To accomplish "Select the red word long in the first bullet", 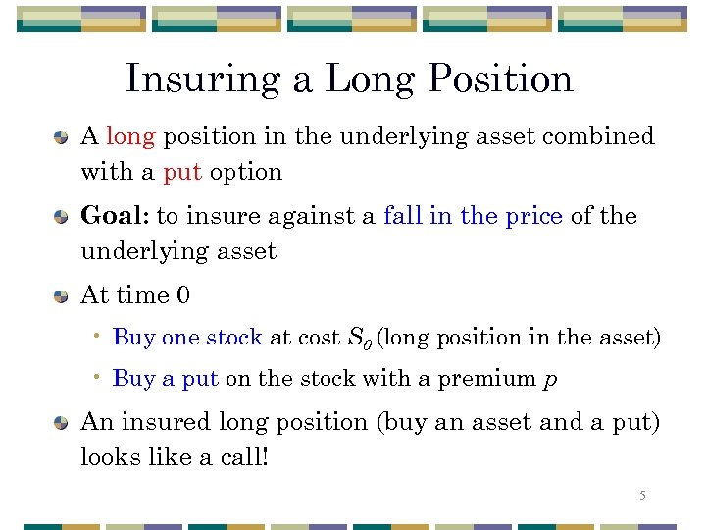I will tap(130, 135).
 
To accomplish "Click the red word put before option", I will tap(182, 172).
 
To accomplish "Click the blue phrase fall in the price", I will tap(473, 216).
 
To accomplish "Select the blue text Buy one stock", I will tap(187, 338).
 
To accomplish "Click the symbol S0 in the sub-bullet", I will tap(359, 339).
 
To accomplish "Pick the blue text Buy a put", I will tap(165, 379).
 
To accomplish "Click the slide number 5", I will tap(642, 496).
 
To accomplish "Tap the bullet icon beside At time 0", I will tap(62, 295).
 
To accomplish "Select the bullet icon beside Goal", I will tap(62, 217).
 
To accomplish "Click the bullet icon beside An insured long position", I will tap(62, 423).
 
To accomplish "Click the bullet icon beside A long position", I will tap(62, 136).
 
